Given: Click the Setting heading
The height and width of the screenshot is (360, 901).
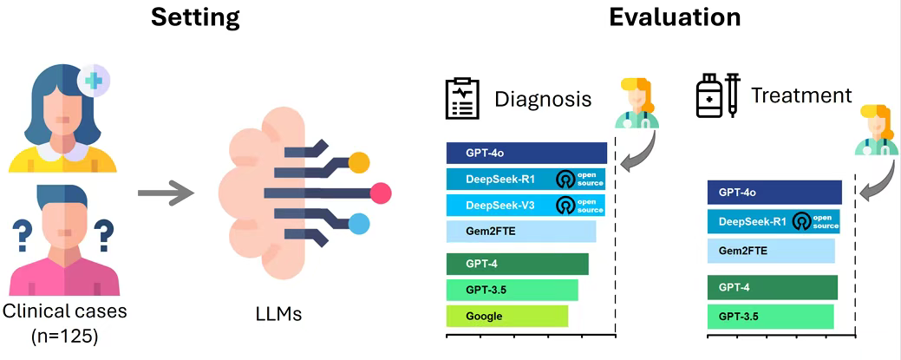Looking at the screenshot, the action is (195, 18).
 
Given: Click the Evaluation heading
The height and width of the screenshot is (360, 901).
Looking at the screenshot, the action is (675, 18).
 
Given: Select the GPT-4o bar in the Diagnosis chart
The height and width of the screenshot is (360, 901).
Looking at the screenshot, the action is (526, 153).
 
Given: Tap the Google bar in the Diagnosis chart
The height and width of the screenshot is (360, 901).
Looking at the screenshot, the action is (506, 316).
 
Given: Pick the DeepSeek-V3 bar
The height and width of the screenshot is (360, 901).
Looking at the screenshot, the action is (526, 206).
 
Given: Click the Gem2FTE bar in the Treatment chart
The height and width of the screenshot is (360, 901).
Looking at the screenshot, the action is (771, 251).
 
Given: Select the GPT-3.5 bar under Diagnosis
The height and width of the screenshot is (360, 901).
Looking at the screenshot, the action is (512, 290).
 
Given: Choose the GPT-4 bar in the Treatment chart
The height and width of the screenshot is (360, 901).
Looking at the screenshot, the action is (772, 287).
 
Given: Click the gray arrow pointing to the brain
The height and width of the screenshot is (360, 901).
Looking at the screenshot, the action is (166, 191).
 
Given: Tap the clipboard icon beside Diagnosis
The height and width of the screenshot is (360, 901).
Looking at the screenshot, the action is (462, 100).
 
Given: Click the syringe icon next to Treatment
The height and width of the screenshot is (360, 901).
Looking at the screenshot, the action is (732, 96).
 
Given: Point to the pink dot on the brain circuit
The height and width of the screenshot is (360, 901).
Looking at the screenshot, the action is (381, 193).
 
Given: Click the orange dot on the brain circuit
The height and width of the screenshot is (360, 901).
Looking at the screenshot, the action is (358, 163).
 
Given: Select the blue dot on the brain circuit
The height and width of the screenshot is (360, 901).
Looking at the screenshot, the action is (358, 223).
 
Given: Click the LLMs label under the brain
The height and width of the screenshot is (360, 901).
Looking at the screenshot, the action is (278, 315).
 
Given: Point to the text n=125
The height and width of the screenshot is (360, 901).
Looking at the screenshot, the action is (64, 337).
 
